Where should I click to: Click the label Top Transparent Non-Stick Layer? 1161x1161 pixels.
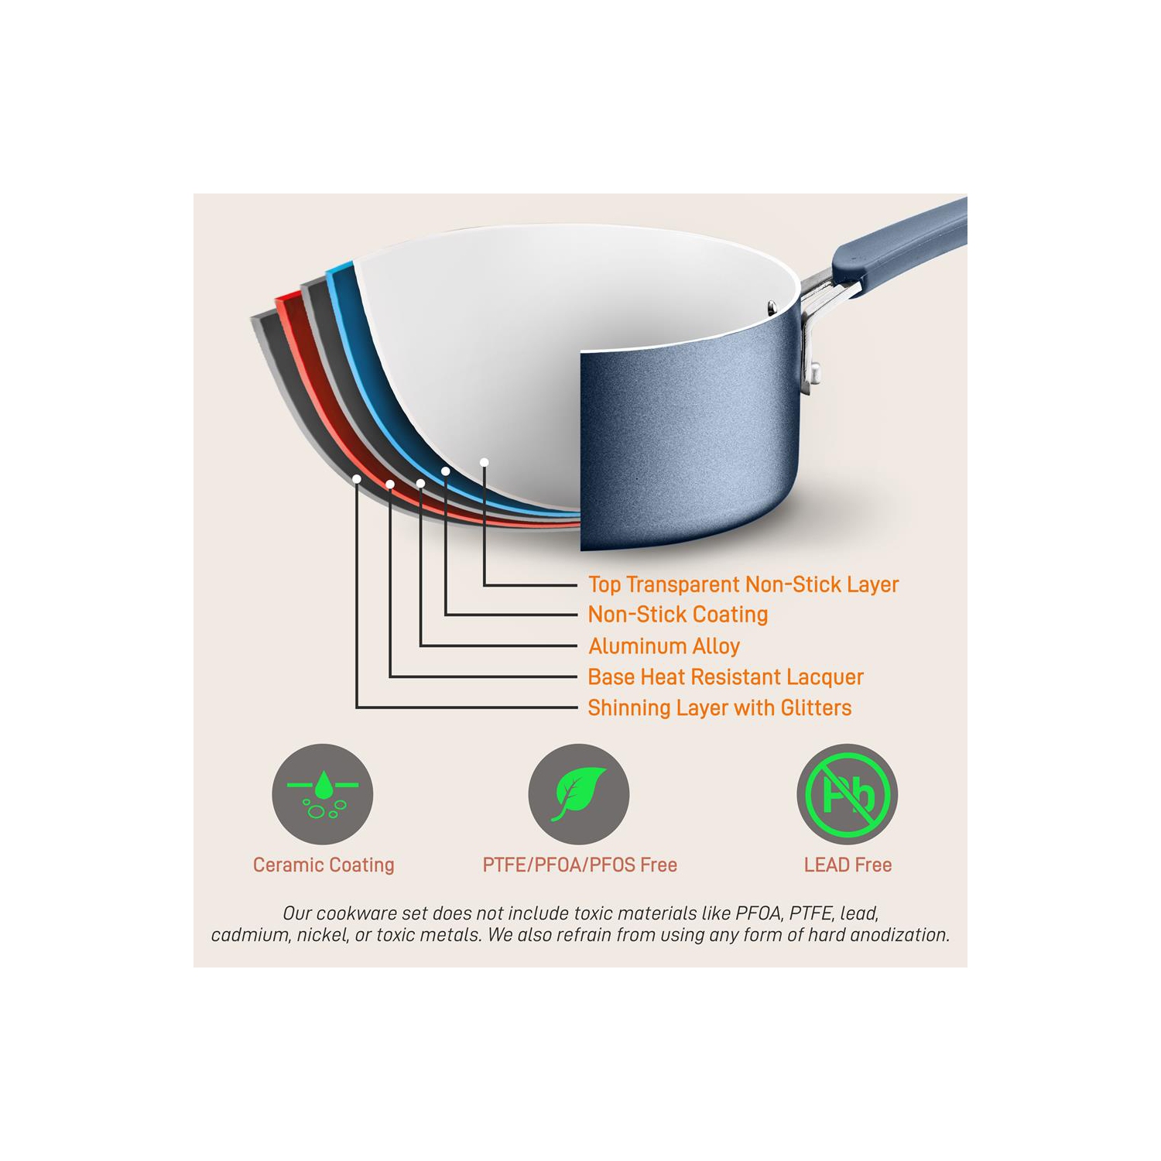[x=743, y=584]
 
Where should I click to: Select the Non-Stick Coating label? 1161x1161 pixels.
[x=678, y=615]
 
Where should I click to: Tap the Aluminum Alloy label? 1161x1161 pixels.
[x=664, y=646]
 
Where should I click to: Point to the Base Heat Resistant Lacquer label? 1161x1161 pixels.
[x=725, y=676]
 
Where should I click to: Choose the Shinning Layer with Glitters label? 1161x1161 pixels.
[x=719, y=707]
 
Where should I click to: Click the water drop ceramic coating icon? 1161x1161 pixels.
[x=323, y=794]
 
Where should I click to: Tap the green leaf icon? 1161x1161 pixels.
[x=579, y=794]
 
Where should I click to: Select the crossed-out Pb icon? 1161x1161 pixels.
[x=848, y=794]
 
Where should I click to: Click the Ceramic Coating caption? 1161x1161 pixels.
[x=324, y=865]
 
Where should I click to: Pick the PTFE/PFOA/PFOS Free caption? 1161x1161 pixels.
[x=580, y=865]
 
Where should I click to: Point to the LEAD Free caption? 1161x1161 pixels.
[x=848, y=865]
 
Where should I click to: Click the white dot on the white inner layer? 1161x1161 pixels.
[x=484, y=462]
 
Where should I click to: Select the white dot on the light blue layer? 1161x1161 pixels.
[x=446, y=471]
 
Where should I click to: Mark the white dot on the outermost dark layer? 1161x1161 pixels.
[x=357, y=479]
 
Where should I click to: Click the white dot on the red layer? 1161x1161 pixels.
[x=390, y=485]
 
